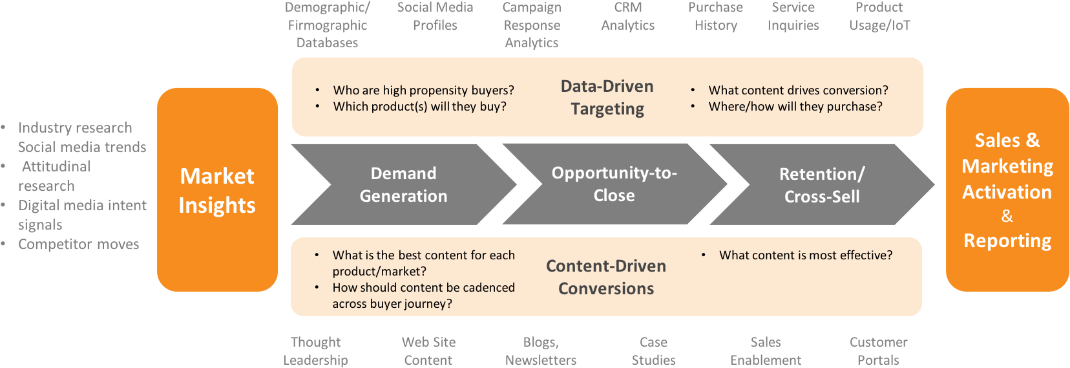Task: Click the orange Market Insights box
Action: point(217,189)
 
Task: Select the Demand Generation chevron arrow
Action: point(404,184)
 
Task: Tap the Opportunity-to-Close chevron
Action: point(614,184)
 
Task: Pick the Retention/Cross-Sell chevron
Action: point(822,184)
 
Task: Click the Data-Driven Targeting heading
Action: point(607,98)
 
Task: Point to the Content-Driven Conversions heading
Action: point(606,277)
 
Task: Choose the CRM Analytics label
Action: point(627,16)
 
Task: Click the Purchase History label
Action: point(715,16)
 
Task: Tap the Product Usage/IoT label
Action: point(879,16)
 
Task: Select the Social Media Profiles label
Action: point(435,16)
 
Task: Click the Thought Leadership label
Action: point(315,351)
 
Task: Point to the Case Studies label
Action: point(653,351)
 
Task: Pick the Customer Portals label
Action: point(879,351)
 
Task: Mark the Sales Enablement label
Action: point(766,351)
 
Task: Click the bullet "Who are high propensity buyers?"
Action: point(424,91)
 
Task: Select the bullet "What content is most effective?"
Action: point(806,255)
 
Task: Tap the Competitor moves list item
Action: point(78,244)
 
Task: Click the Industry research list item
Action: point(75,127)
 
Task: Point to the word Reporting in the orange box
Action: point(1007,241)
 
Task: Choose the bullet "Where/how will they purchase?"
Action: point(795,107)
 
